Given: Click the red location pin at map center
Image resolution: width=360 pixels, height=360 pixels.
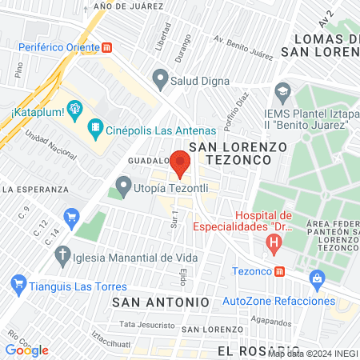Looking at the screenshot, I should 180,162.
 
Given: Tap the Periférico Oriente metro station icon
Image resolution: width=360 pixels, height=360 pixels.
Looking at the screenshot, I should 107,47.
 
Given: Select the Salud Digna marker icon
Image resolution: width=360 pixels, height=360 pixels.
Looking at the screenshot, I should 160,80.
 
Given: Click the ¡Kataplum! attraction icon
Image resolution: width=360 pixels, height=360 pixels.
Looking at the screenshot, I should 74,108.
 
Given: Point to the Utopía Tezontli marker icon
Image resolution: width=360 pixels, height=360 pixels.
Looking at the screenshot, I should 122,188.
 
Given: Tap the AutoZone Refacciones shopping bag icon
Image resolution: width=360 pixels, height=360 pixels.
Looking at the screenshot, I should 318,278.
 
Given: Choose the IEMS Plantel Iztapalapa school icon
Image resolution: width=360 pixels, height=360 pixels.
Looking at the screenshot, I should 282,90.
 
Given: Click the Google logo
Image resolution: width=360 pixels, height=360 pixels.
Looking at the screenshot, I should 27,350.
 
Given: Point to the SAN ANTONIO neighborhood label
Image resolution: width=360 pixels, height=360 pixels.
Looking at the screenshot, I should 160,302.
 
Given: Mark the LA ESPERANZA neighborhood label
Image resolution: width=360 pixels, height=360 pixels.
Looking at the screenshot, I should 33,190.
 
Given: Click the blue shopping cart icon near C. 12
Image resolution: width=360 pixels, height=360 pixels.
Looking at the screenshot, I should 72,215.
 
